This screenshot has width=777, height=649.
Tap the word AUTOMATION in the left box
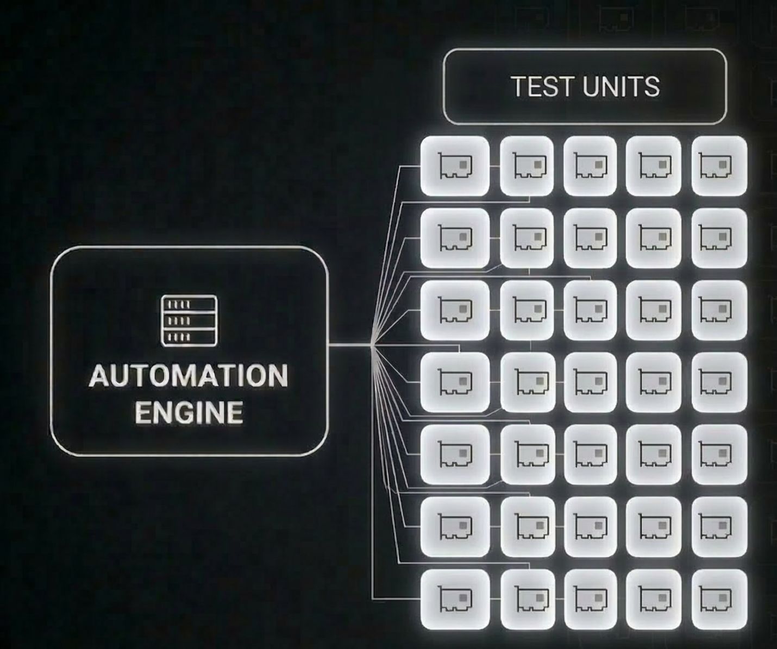pyautogui.click(x=189, y=376)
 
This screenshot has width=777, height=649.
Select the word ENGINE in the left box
pyautogui.click(x=189, y=413)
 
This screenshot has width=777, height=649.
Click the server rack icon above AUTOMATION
pyautogui.click(x=189, y=321)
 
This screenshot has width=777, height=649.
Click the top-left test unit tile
pyautogui.click(x=455, y=165)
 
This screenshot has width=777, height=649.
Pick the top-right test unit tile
pyautogui.click(x=719, y=165)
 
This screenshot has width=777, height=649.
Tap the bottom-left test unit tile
pyautogui.click(x=455, y=598)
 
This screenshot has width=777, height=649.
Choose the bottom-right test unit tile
pyautogui.click(x=719, y=598)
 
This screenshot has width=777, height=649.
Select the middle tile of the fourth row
pyautogui.click(x=591, y=382)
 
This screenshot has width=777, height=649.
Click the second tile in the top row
pyautogui.click(x=527, y=165)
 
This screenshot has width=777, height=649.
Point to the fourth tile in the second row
pyautogui.click(x=654, y=237)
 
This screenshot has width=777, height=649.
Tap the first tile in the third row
pyautogui.click(x=455, y=310)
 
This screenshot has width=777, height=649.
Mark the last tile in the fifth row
pyautogui.click(x=719, y=454)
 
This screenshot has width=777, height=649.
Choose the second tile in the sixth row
pyautogui.click(x=527, y=526)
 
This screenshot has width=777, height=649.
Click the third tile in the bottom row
pyautogui.click(x=591, y=598)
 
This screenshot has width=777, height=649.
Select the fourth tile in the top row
pyautogui.click(x=654, y=165)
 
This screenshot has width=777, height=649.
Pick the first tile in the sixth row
pyautogui.click(x=455, y=526)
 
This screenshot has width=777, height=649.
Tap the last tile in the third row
pyautogui.click(x=719, y=310)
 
